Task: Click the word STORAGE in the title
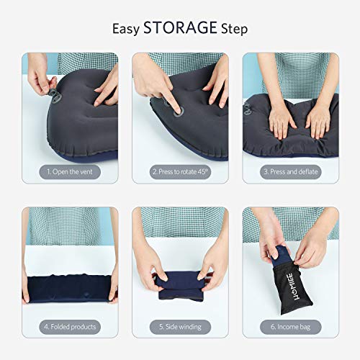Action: pyautogui.click(x=180, y=29)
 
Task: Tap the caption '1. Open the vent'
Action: pyautogui.click(x=70, y=173)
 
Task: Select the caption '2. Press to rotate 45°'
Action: pyautogui.click(x=180, y=173)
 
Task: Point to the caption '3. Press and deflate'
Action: pyautogui.click(x=290, y=173)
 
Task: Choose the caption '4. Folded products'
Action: pyautogui.click(x=70, y=327)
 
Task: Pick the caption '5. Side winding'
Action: pyautogui.click(x=180, y=327)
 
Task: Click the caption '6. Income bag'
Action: pyautogui.click(x=290, y=327)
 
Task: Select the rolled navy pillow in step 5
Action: pyautogui.click(x=180, y=274)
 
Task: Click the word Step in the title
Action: pyautogui.click(x=233, y=29)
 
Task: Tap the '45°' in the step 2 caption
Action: pyautogui.click(x=205, y=173)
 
